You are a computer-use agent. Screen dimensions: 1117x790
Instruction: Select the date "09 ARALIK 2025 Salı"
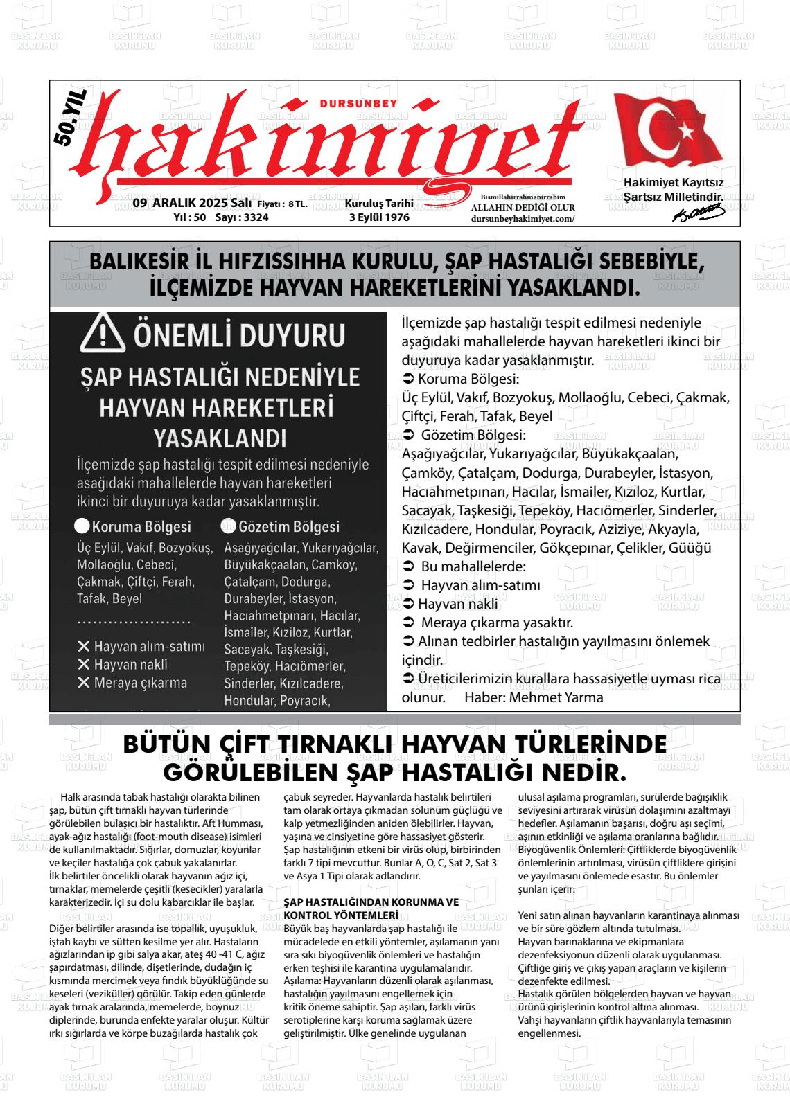click(192, 204)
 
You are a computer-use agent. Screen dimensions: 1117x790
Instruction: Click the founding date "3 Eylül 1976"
click(379, 217)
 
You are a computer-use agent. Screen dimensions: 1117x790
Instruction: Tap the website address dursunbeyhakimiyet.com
click(523, 218)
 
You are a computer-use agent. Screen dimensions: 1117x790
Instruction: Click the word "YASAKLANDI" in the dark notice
click(219, 438)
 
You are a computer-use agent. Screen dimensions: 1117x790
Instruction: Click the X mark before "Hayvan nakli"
click(84, 665)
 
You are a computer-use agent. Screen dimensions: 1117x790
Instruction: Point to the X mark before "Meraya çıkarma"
click(84, 683)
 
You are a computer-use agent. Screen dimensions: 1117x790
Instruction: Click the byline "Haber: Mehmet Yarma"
click(534, 697)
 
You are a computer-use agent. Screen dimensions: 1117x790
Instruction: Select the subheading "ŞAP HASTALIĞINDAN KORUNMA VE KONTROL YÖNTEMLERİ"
click(371, 907)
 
